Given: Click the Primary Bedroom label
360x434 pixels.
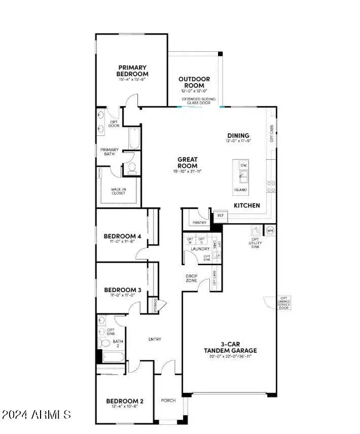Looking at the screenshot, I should (133, 70).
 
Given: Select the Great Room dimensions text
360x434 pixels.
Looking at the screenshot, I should (187, 171).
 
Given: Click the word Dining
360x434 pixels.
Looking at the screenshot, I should (238, 135).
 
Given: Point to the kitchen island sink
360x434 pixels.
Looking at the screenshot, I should (243, 176).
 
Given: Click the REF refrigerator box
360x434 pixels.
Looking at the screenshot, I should (220, 215).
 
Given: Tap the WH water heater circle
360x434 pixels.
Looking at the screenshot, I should (270, 230).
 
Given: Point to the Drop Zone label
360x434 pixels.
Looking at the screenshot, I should (191, 278).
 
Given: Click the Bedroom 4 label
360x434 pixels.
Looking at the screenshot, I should (122, 236).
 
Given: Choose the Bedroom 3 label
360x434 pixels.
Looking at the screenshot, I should (122, 290).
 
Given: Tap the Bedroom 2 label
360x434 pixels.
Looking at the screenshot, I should (124, 401).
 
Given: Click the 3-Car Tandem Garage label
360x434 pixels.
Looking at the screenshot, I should (230, 347).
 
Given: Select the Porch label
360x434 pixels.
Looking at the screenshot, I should (168, 401).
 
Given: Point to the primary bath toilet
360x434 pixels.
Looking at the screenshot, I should (132, 168).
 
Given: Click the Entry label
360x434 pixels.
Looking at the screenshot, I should (155, 339).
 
